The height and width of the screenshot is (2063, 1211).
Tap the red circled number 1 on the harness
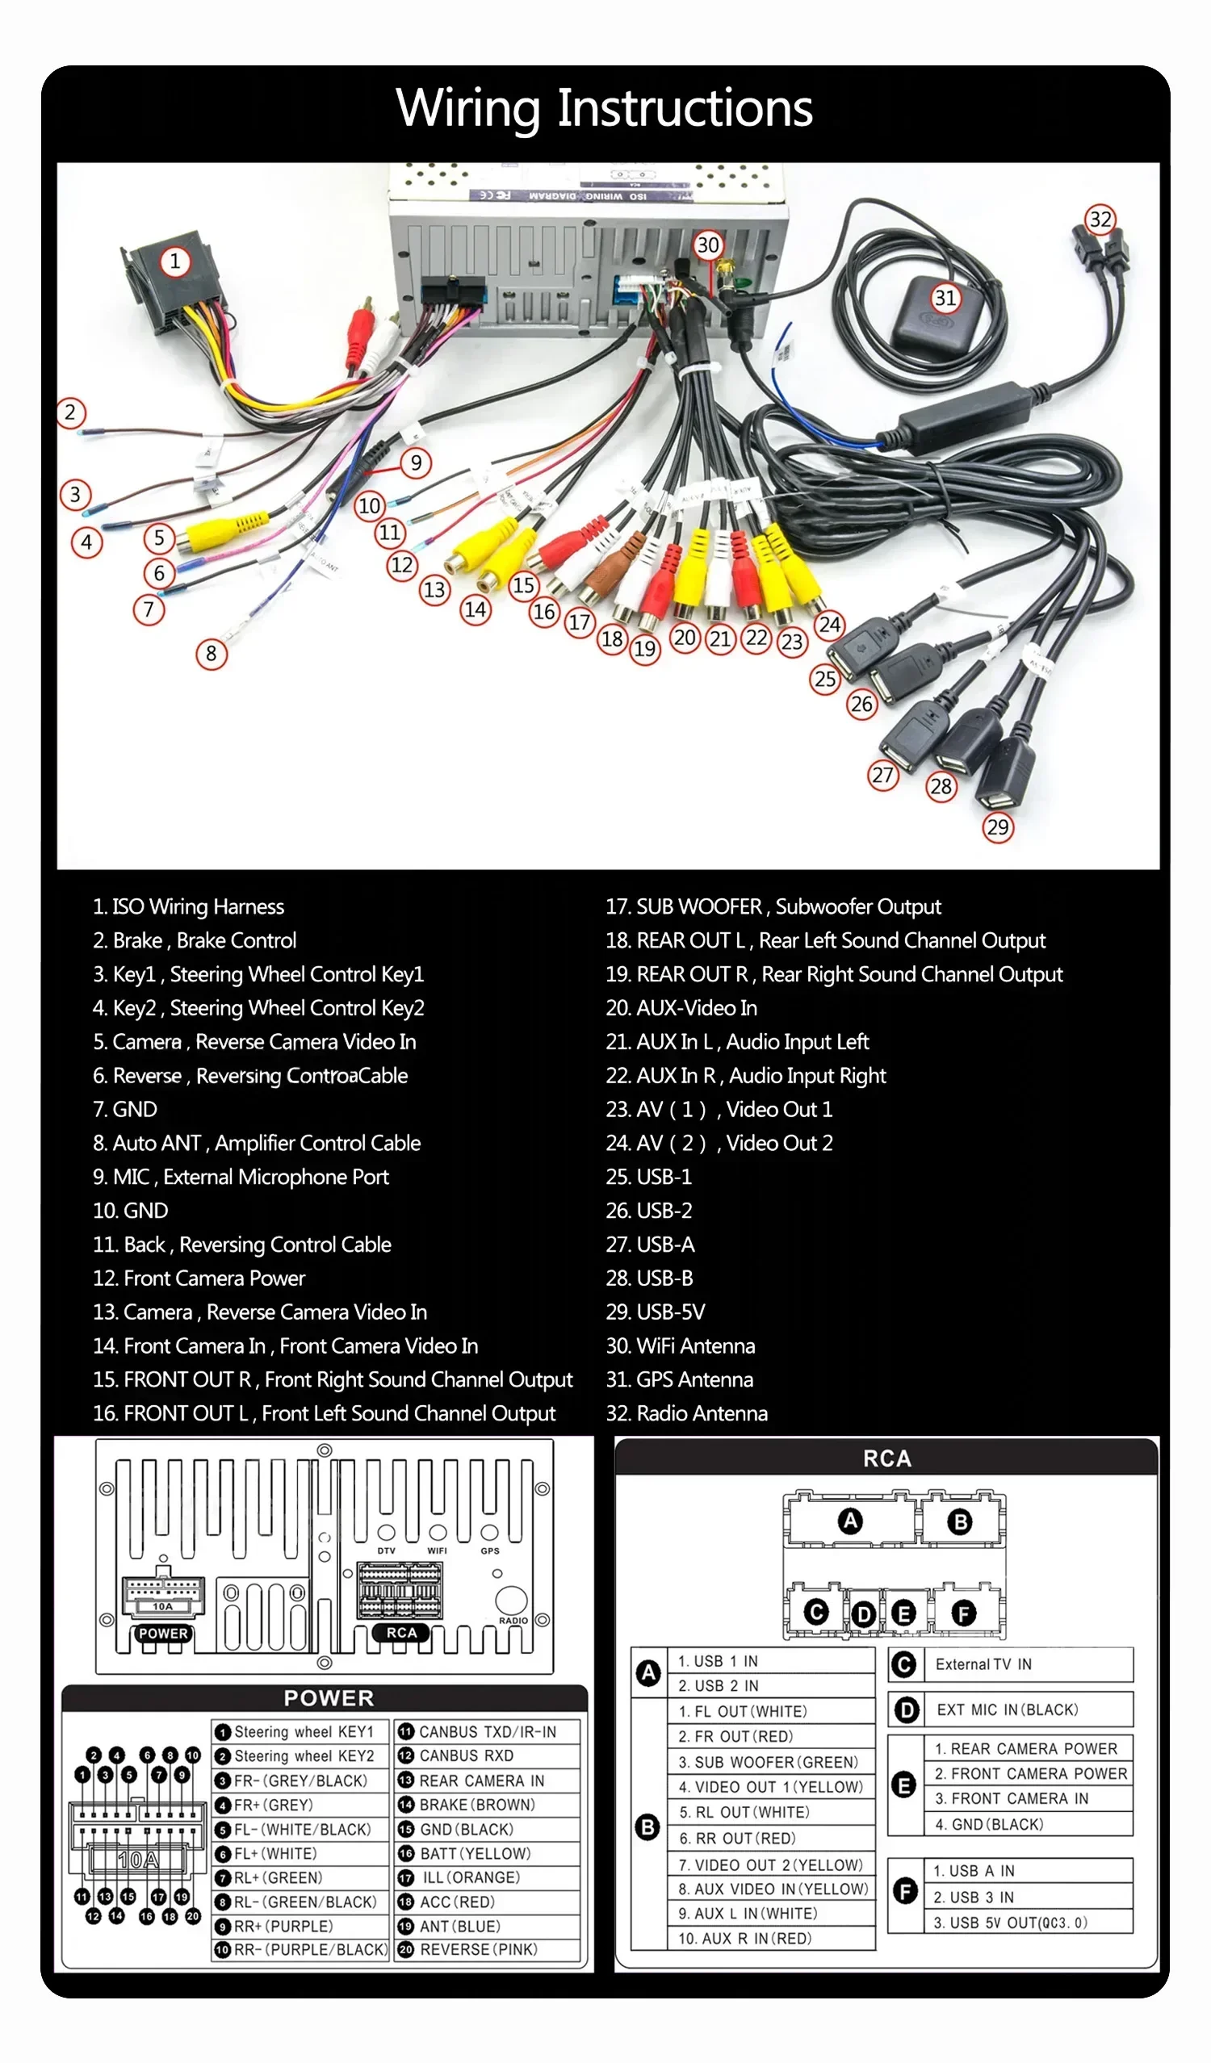pos(174,262)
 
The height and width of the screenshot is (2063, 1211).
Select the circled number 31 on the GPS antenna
pos(945,297)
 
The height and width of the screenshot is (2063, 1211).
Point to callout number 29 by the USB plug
pos(997,826)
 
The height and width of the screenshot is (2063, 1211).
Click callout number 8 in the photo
pos(212,653)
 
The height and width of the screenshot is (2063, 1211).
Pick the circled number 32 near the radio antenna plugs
pos(1100,220)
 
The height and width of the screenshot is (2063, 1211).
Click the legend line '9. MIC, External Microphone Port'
pos(241,1177)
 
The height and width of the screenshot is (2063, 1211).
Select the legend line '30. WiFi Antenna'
pos(680,1345)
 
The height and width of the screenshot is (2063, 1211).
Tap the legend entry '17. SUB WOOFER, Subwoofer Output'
pos(773,906)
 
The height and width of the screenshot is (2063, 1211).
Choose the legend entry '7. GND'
pos(125,1109)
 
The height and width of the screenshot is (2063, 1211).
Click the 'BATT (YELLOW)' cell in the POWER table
pos(476,1853)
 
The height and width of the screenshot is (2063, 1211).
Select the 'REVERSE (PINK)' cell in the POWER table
pos(478,1950)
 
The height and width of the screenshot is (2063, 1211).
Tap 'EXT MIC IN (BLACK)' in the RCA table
pos(1007,1709)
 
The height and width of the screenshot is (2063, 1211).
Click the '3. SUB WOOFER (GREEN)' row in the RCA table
pos(768,1762)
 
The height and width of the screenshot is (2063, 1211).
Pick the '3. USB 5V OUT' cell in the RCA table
pos(1011,1923)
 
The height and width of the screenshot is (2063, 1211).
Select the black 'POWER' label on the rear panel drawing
pos(163,1634)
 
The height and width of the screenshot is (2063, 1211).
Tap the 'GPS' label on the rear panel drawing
pos(489,1550)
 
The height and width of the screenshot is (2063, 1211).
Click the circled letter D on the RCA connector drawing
pos(863,1614)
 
